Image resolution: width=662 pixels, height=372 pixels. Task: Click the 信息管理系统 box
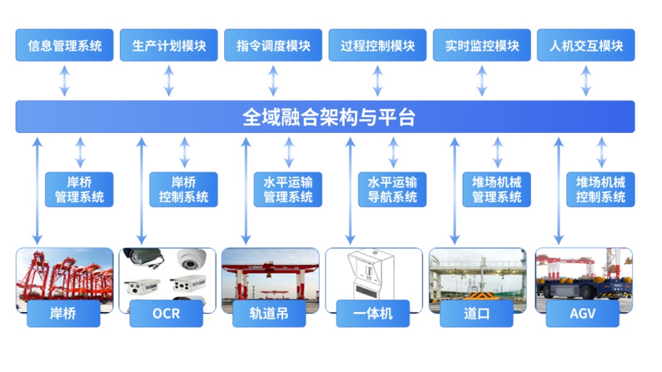[64, 45]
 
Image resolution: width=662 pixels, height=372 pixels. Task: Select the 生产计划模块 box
[169, 45]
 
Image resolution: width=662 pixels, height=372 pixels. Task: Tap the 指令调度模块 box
[273, 45]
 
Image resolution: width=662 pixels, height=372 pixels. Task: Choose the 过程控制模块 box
[378, 45]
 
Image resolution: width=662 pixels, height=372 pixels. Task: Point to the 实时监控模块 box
[482, 45]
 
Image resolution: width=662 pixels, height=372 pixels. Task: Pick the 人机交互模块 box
[586, 45]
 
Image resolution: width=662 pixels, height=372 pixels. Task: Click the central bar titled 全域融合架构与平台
[325, 117]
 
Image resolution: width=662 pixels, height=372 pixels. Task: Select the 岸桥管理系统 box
[79, 189]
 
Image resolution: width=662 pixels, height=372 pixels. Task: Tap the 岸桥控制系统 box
[183, 189]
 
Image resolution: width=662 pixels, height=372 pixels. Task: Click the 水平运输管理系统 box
[288, 189]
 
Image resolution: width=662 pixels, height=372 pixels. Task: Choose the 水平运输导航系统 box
[392, 189]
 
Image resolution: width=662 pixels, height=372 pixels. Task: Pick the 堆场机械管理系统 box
[496, 189]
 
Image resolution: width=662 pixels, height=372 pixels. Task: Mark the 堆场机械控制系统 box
[601, 189]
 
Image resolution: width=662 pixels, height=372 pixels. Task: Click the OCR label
[166, 314]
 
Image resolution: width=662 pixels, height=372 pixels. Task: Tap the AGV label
[583, 314]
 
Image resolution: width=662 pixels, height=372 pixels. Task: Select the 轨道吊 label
[269, 314]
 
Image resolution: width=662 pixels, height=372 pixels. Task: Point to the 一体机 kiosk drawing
[373, 276]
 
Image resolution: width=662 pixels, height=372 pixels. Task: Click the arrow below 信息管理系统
[64, 81]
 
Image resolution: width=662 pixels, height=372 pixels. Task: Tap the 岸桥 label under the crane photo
[63, 314]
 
